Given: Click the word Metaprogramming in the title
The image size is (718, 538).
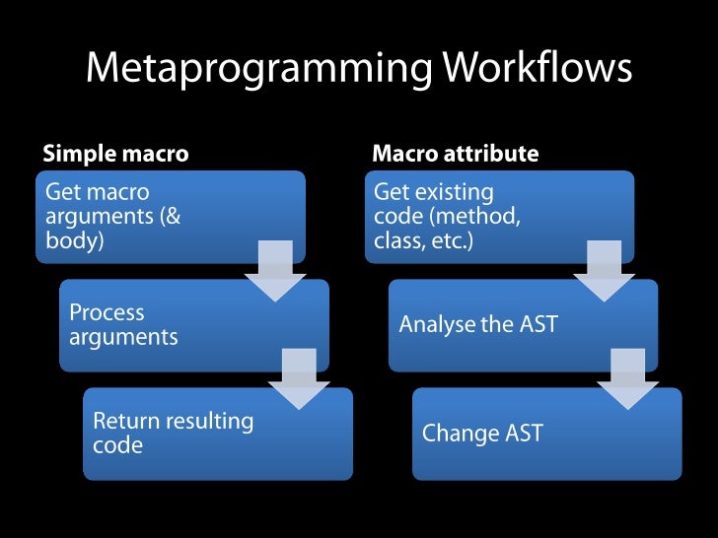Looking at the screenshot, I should point(259,69).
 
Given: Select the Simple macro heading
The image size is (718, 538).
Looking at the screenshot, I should point(115,154).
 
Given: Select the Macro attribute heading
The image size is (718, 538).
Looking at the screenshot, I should point(455,154).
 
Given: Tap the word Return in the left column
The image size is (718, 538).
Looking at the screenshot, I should point(124,422).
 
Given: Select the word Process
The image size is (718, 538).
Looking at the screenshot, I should point(107,313).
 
